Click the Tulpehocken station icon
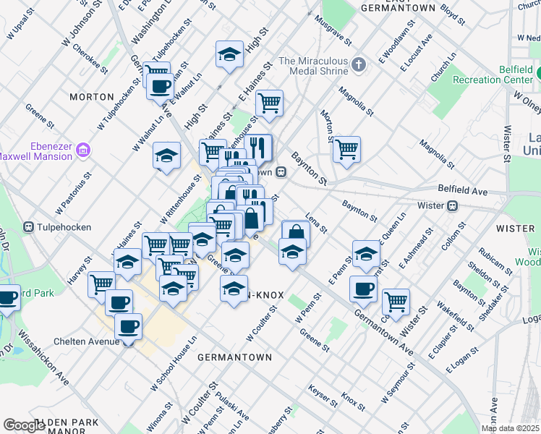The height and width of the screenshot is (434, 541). [30, 226]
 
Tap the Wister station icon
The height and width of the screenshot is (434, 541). [453, 205]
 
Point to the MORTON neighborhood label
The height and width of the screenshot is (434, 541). [92, 96]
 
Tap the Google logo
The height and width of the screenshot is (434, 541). [24, 425]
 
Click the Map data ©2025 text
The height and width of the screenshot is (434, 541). [510, 428]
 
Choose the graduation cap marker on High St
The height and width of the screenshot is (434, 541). [229, 54]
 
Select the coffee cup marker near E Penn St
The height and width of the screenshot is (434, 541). [363, 287]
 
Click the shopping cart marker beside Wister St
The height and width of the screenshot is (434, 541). [396, 301]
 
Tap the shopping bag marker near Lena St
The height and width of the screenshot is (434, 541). [296, 232]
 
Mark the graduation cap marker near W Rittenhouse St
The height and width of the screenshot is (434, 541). [167, 155]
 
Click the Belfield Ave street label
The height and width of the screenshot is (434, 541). [463, 190]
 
